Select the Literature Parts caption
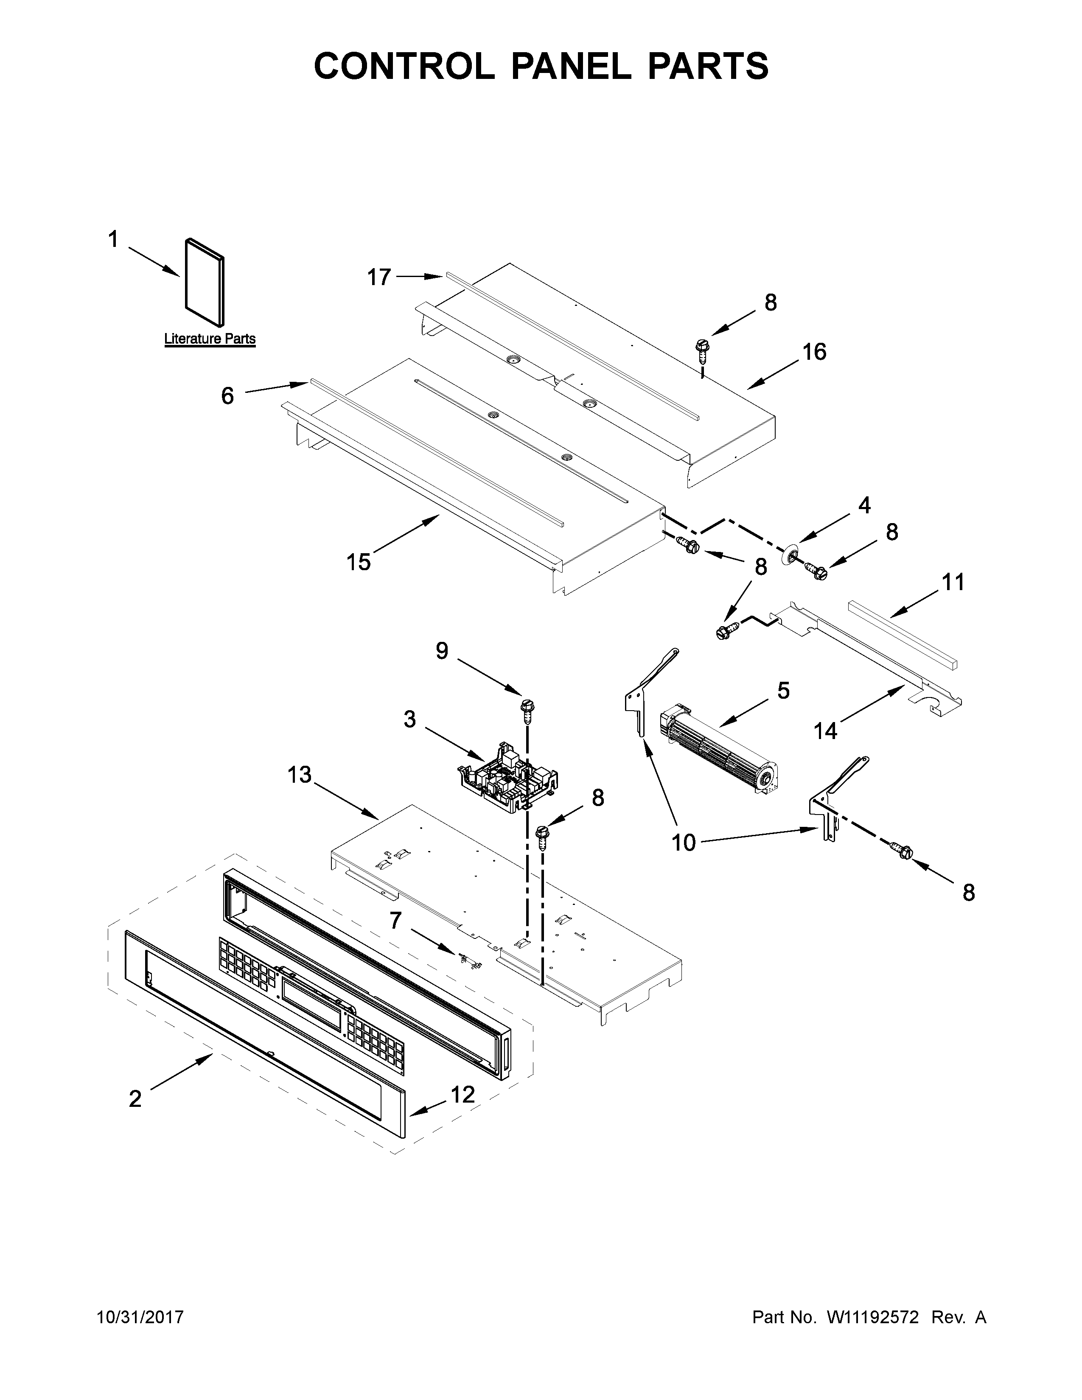point(210,339)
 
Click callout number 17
point(379,277)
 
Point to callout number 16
point(815,352)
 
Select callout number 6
point(227,396)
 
